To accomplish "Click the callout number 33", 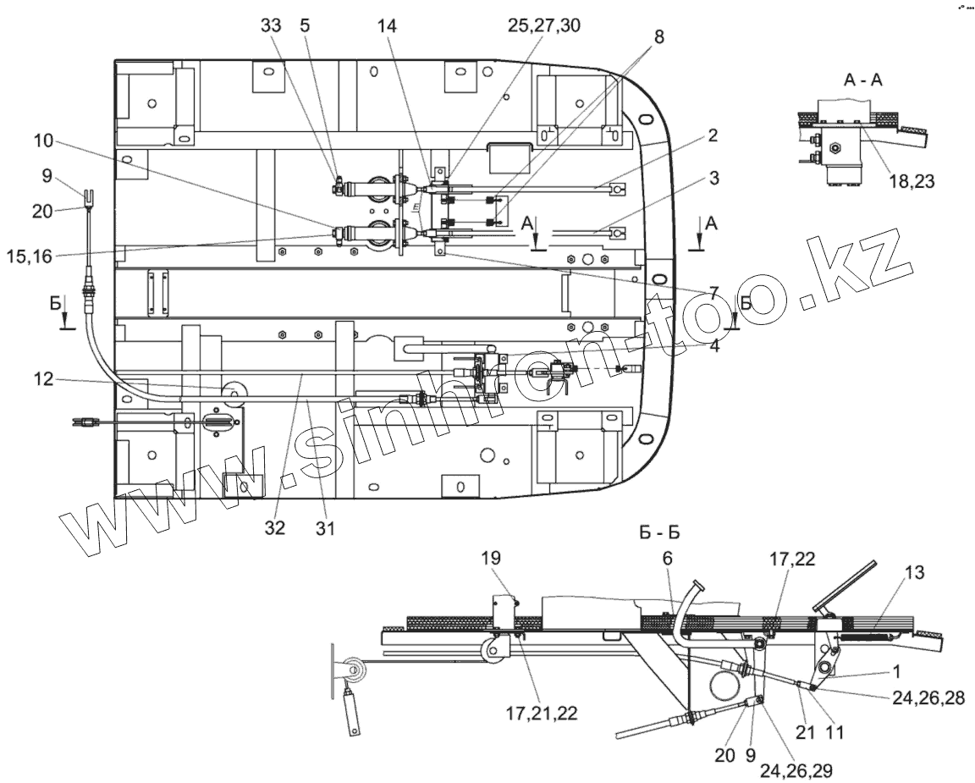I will tap(271, 25).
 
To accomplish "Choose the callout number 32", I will tap(274, 527).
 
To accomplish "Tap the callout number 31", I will tap(326, 527).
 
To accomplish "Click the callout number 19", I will tap(491, 558).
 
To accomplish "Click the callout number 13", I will tap(913, 572).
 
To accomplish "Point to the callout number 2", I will tap(714, 135).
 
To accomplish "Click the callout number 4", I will tap(714, 345).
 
